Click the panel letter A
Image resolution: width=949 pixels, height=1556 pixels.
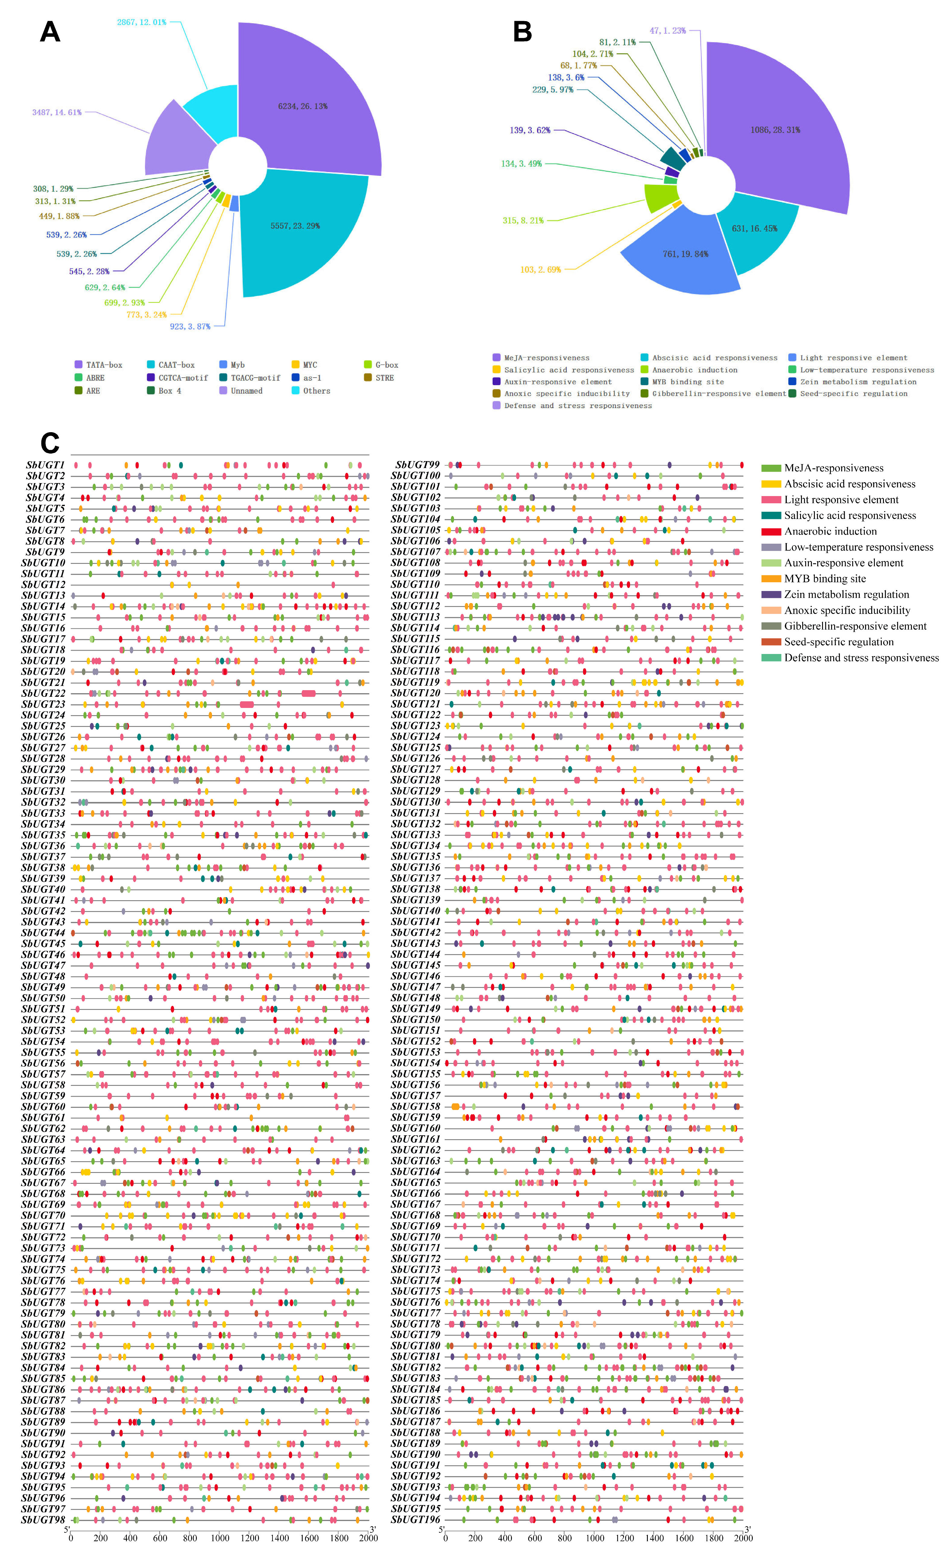pyautogui.click(x=50, y=32)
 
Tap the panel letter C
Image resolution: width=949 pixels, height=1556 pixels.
pyautogui.click(x=50, y=443)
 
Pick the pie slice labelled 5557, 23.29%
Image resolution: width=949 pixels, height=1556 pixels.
pyautogui.click(x=295, y=225)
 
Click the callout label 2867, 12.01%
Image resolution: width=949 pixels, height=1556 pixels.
pyautogui.click(x=141, y=22)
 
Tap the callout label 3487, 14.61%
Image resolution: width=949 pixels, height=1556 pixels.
pyautogui.click(x=57, y=112)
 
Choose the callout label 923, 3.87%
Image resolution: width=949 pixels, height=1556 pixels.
pyautogui.click(x=190, y=326)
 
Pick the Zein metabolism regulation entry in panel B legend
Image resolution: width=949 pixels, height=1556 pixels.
pyautogui.click(x=857, y=382)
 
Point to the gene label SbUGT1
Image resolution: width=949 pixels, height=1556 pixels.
pyautogui.click(x=46, y=465)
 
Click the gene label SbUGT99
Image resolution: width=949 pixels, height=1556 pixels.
pyautogui.click(x=417, y=465)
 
